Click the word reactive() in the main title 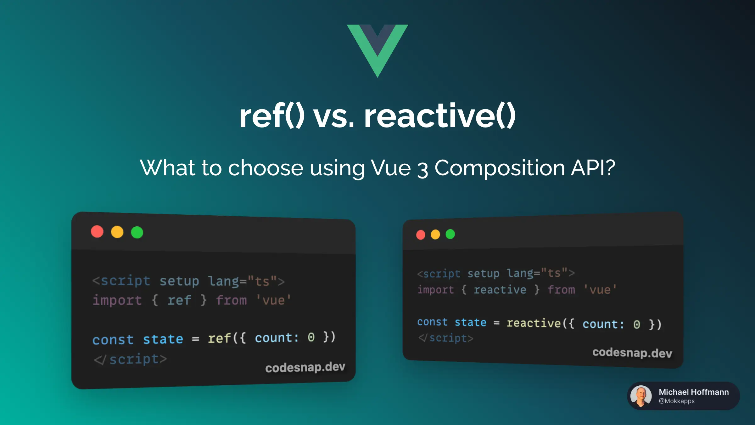(x=440, y=116)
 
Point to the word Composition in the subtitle (x=500, y=168)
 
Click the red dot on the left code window (x=97, y=232)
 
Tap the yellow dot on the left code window (x=117, y=232)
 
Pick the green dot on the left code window (x=137, y=232)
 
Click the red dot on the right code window (x=421, y=235)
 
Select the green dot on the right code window (x=450, y=234)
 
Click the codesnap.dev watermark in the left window (x=305, y=367)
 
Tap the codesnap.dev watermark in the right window (x=632, y=353)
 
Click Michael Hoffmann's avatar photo (x=641, y=396)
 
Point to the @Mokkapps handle (x=677, y=401)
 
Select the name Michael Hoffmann (x=694, y=392)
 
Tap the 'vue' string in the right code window (x=600, y=290)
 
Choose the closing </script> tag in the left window (x=130, y=360)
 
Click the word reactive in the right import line (x=500, y=290)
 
